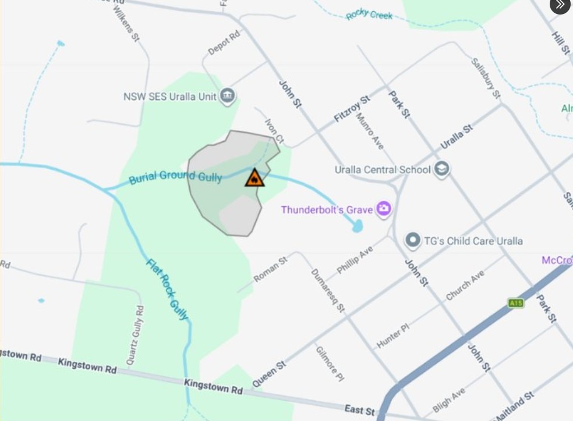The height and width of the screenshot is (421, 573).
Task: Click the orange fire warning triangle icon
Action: (254, 178)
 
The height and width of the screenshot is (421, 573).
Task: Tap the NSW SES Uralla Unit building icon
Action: (228, 96)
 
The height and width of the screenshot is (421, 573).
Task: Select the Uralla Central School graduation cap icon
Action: (442, 169)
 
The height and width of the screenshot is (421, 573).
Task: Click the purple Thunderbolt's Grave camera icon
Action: (383, 209)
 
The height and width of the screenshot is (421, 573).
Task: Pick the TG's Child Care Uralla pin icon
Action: (413, 240)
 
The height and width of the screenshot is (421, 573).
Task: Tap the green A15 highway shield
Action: (515, 303)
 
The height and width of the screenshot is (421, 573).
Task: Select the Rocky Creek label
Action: (369, 15)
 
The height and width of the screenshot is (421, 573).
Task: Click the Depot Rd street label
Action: (224, 43)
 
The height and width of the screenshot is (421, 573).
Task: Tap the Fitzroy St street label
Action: (352, 109)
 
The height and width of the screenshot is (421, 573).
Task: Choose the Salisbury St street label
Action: (486, 78)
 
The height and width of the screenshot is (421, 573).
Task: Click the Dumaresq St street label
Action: (328, 290)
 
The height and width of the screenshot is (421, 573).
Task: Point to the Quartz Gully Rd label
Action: (133, 334)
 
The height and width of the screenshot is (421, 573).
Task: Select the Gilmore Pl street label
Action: (330, 364)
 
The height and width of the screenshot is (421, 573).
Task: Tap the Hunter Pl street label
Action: (393, 336)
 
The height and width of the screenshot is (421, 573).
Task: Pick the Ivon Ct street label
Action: (274, 132)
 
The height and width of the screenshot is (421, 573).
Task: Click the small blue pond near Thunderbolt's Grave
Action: (358, 226)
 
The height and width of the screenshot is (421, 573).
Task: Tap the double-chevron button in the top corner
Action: (560, 5)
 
